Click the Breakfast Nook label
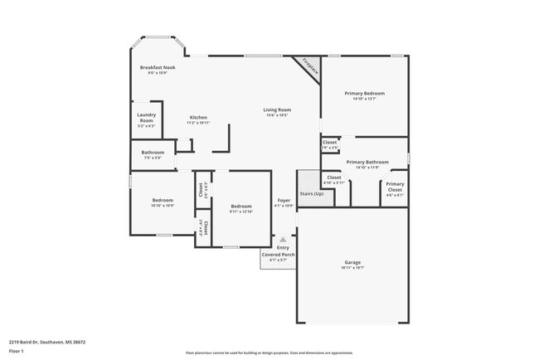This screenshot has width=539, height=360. tap(158, 67)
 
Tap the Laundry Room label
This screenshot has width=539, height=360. tap(146, 119)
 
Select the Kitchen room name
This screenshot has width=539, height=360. tap(198, 117)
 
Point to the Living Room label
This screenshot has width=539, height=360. tap(276, 110)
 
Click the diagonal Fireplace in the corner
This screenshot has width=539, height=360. tap(310, 66)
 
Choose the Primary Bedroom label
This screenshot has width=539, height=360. tap(365, 94)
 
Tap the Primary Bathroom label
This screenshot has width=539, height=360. tap(367, 162)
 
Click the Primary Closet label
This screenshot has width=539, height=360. tap(395, 186)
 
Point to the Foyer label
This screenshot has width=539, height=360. tap(284, 200)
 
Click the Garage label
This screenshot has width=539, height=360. tap(353, 262)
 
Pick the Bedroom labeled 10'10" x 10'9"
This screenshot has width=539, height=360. tap(163, 200)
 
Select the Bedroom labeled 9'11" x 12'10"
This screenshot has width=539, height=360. tap(241, 206)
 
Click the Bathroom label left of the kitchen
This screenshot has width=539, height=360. tap(153, 152)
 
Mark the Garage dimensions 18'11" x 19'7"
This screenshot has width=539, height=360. tap(353, 268)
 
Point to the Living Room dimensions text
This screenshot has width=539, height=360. tap(276, 116)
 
